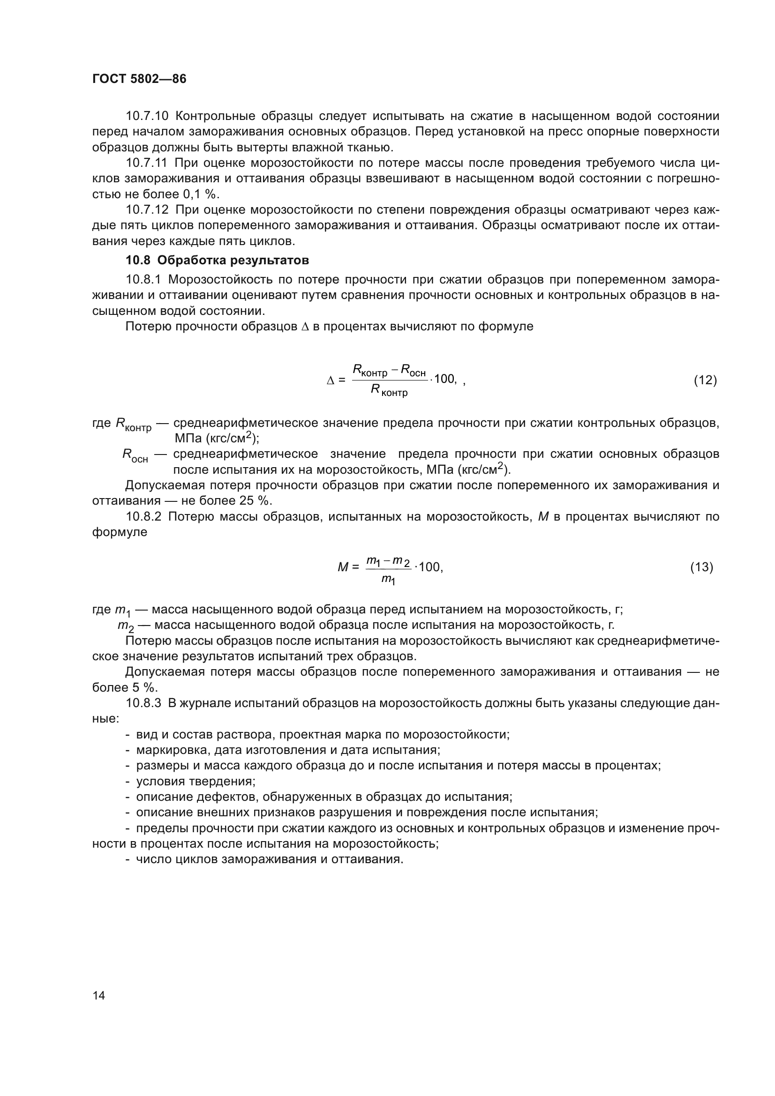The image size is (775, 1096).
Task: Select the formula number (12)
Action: [x=705, y=380]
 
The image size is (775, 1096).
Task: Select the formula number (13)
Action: [x=701, y=567]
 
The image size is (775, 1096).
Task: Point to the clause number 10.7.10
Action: [x=147, y=116]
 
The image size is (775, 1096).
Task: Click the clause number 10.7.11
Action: [x=146, y=163]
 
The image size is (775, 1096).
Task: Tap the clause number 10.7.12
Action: [x=147, y=209]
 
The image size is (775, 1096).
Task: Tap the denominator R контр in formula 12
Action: [x=389, y=391]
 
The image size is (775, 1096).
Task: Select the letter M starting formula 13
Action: [x=343, y=567]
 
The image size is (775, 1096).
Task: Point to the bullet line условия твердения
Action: [x=196, y=782]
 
